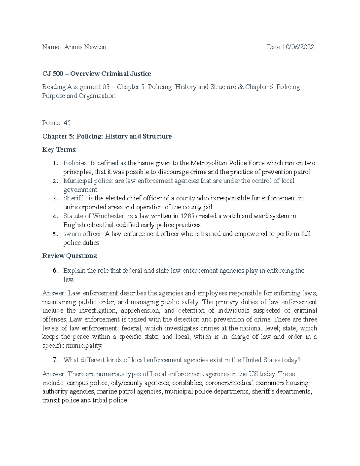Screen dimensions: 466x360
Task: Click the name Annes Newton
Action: pos(85,47)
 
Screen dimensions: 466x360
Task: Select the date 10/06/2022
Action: pos(298,47)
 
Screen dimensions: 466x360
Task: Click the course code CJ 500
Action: pos(52,74)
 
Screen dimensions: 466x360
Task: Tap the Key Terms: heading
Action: pos(59,150)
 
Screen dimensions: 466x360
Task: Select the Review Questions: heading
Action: pos(70,256)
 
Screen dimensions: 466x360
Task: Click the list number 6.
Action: pos(55,271)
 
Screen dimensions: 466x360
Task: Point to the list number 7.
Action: pos(55,360)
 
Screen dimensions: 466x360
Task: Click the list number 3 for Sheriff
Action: pos(54,199)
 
